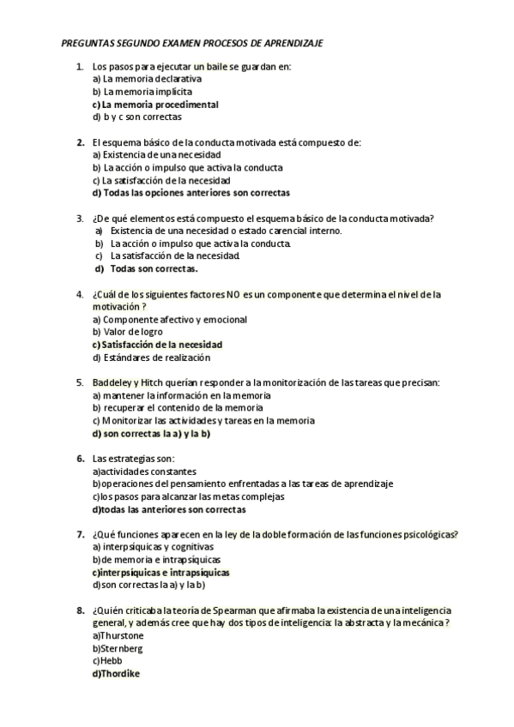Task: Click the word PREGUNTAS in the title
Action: click(89, 42)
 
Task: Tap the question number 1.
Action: click(79, 66)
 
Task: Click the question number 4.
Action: click(79, 294)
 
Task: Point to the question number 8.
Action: click(79, 610)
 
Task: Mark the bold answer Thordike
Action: click(119, 674)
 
